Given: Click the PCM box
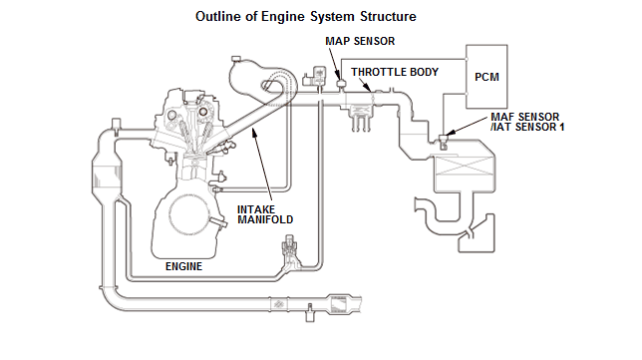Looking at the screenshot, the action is coord(486,77).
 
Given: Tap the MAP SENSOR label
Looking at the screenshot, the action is coord(360,41).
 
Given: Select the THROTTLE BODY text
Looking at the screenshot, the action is coord(395,72).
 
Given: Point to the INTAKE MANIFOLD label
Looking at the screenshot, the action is coord(265,214).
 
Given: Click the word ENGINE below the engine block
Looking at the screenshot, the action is coord(183,266).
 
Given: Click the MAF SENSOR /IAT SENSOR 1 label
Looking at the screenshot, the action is coord(527,122).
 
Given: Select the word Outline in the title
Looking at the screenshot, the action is coord(215,16).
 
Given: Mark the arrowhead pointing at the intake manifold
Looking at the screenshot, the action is coord(254,131).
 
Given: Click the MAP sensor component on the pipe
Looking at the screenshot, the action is coord(341,84).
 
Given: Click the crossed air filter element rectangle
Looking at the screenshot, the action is coord(464,166).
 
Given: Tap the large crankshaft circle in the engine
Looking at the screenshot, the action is coord(189,214).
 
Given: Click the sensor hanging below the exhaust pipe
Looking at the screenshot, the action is coord(310,312).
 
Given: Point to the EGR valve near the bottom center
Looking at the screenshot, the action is coord(289,250).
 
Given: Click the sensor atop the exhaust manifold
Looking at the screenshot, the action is coord(116,125).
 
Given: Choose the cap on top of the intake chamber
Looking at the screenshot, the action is coord(235,60).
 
